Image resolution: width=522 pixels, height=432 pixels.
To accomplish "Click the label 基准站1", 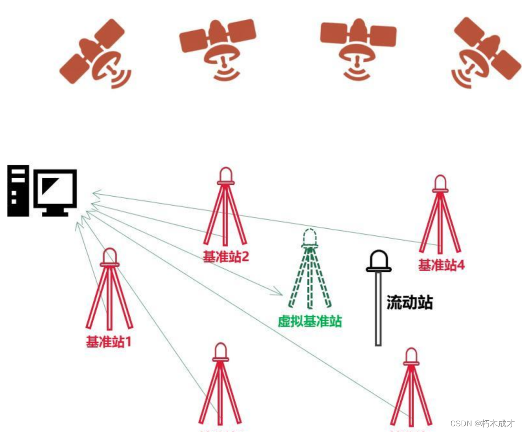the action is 108,341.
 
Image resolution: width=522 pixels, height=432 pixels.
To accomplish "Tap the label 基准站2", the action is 225,257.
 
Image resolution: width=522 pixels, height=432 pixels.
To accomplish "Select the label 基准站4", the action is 441,265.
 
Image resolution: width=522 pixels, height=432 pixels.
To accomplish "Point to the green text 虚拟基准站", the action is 310,322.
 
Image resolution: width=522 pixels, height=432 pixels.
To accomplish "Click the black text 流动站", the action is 409,302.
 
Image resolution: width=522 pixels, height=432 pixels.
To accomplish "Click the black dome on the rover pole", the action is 379,261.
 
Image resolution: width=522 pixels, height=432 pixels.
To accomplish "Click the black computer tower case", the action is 17,191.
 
